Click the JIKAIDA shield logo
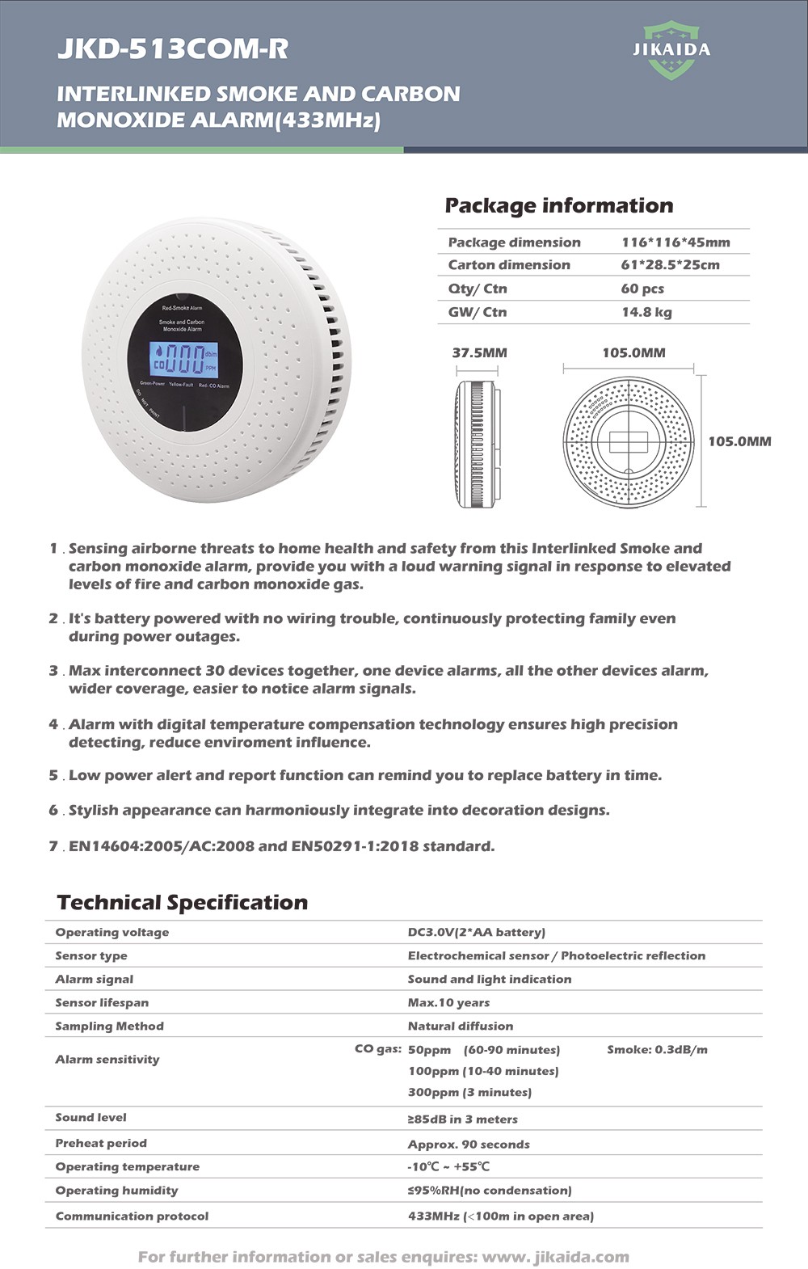(671, 50)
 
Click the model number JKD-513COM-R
(172, 49)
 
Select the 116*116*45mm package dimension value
(675, 242)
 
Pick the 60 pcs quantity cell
(642, 289)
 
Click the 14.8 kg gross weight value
(646, 312)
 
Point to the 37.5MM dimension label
(479, 353)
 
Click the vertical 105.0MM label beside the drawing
(739, 441)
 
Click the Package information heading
(558, 206)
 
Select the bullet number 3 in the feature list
(53, 671)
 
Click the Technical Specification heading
(183, 903)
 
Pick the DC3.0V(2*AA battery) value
(476, 932)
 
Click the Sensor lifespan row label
(102, 1002)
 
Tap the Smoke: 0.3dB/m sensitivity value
(657, 1049)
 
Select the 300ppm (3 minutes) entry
(469, 1092)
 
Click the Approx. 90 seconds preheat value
(469, 1144)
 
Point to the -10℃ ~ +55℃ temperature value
(448, 1166)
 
